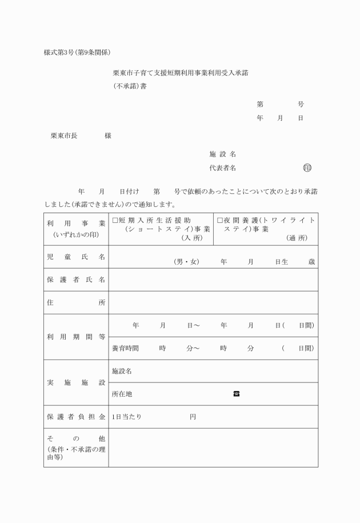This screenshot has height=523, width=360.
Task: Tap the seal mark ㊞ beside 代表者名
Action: click(x=307, y=168)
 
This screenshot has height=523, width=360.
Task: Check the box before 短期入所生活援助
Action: click(x=115, y=220)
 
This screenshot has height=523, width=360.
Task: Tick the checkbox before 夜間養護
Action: click(x=220, y=220)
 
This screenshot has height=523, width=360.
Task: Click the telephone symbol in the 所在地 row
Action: click(x=236, y=394)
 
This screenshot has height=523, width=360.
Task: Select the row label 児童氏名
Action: click(x=76, y=257)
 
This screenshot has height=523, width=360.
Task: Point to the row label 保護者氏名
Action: click(x=76, y=280)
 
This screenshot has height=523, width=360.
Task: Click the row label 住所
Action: click(x=76, y=302)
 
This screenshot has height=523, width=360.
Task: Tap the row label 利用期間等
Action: click(x=76, y=337)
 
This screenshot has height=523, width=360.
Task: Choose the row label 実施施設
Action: click(x=76, y=382)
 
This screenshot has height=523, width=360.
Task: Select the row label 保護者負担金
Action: click(x=76, y=417)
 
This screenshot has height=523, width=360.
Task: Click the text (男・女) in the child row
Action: click(x=186, y=262)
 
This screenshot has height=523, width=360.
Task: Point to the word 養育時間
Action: click(x=125, y=348)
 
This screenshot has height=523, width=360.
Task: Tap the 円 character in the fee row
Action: click(x=193, y=417)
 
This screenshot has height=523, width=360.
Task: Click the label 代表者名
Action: click(x=222, y=168)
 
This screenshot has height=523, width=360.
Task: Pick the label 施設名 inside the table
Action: click(x=122, y=371)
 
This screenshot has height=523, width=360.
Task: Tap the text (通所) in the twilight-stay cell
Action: click(x=297, y=238)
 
